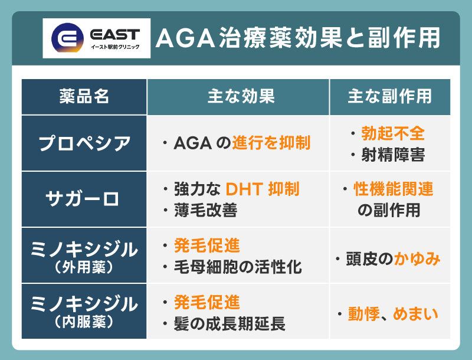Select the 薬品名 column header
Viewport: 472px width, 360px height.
click(x=84, y=97)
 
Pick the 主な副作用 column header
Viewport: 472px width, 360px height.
click(x=389, y=97)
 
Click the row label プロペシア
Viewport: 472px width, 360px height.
click(x=84, y=143)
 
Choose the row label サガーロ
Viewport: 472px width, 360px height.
click(x=84, y=199)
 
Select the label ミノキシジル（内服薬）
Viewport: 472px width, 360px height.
click(x=84, y=312)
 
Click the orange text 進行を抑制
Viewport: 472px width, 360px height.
click(x=271, y=143)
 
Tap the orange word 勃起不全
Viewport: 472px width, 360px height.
click(x=402, y=133)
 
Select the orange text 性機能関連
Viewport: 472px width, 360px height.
click(x=394, y=189)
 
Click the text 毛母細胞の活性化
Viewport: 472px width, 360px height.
click(x=238, y=267)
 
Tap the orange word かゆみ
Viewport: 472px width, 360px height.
click(x=417, y=258)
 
